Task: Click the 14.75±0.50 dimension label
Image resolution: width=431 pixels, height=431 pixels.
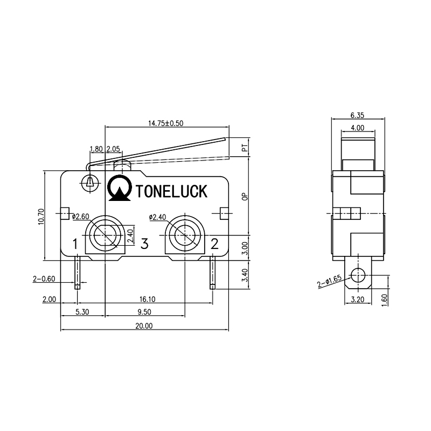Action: (x=166, y=123)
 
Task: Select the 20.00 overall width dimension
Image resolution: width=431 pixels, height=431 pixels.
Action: (x=144, y=325)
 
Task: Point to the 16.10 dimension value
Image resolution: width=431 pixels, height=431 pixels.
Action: (x=144, y=300)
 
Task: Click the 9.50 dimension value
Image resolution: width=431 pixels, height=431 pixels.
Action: (x=144, y=312)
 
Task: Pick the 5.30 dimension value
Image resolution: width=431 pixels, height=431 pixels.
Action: (x=82, y=312)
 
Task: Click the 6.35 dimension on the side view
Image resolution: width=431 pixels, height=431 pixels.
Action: (x=357, y=115)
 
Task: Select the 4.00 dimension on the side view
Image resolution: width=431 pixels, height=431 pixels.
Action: (x=357, y=128)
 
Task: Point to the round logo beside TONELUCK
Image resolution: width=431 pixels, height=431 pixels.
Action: (x=120, y=187)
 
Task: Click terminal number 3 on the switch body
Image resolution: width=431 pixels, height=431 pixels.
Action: (x=144, y=245)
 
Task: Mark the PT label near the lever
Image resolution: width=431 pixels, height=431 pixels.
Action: (x=245, y=147)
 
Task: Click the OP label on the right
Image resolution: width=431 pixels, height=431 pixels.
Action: (x=245, y=197)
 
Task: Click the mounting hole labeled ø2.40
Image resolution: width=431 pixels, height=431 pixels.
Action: (x=184, y=235)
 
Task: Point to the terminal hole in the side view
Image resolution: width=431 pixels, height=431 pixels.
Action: (x=357, y=277)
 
